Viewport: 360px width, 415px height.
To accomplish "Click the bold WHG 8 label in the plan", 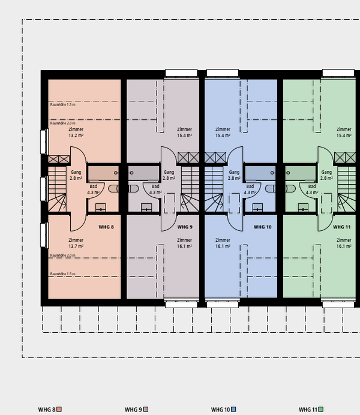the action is tap(106, 227).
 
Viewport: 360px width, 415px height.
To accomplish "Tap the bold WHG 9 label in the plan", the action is tap(185, 227).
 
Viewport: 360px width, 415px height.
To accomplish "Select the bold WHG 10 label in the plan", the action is tap(263, 227).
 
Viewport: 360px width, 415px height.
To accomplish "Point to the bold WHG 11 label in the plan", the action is tap(342, 227).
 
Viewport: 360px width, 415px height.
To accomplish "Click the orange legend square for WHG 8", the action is tap(59, 410).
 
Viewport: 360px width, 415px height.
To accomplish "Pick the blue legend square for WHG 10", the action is tap(233, 410).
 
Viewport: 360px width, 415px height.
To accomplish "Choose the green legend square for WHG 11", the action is tap(321, 410).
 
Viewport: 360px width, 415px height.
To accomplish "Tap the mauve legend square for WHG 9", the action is tap(146, 410).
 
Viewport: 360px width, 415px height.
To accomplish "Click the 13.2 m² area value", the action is tap(76, 136).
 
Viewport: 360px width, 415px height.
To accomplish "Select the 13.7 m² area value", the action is tap(76, 246).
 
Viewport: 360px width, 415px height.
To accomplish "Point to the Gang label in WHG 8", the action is tap(76, 172).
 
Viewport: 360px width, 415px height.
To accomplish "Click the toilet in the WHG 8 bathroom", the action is tap(113, 188).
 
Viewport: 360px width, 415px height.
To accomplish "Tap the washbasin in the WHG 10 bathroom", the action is tap(257, 207).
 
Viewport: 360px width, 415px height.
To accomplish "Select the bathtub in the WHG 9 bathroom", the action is tap(144, 173).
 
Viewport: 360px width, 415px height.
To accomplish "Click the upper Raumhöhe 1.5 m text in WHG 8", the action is tap(63, 104).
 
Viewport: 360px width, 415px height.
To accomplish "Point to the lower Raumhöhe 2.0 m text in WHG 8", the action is tap(63, 255).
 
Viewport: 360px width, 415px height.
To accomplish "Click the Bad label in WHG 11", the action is tap(312, 187).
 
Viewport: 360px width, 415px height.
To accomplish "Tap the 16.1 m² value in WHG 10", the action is tap(223, 246).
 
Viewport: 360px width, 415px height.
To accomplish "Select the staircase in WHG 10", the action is tap(214, 189).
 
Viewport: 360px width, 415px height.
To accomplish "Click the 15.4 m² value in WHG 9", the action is tap(185, 136).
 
